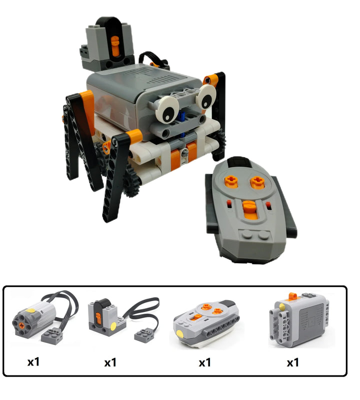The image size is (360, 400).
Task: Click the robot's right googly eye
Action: point(206,97)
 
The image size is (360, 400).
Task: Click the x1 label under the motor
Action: point(33,362)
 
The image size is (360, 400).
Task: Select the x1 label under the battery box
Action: point(293,362)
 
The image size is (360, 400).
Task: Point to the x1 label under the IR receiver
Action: point(110,362)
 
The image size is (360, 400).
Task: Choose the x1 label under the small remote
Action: point(205,362)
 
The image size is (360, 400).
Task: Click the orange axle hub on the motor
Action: point(22,325)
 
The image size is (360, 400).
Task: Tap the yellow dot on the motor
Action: point(30,310)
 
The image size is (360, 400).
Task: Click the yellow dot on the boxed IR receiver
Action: point(113,326)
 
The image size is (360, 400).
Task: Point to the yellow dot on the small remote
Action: point(180,334)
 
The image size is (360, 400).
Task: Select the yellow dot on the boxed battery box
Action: point(282,307)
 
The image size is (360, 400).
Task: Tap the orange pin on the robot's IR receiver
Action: point(115,46)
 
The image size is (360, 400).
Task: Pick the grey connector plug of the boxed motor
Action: point(52,335)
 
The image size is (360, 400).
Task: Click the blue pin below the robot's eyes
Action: point(182,115)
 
